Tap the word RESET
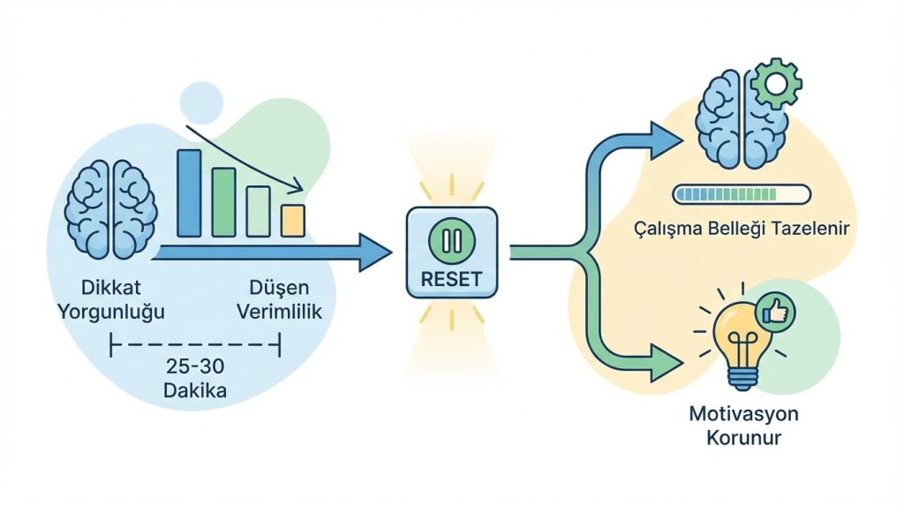point(451,279)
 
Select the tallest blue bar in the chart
point(189,193)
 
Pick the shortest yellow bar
point(292,221)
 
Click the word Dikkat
point(111,288)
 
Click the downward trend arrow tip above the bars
point(298,188)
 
